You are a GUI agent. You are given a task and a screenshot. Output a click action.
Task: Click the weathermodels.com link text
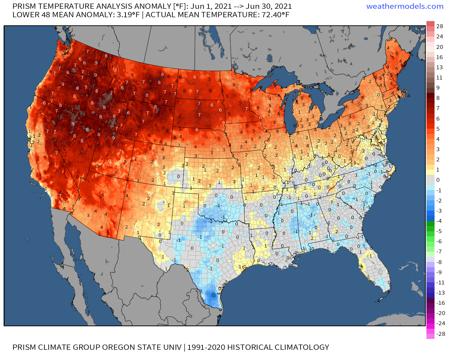(x=405, y=6)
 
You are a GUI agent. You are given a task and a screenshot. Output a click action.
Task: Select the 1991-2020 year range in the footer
(x=206, y=347)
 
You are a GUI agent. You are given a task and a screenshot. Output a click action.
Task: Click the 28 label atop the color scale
(x=439, y=26)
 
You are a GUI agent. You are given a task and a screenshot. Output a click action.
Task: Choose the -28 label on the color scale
(x=441, y=334)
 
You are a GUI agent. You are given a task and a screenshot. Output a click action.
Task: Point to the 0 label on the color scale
(x=438, y=180)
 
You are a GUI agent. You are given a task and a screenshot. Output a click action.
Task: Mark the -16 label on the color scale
(x=441, y=303)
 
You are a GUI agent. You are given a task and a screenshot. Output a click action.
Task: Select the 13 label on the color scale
(x=439, y=67)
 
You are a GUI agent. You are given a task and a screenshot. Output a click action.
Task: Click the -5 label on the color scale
(x=439, y=231)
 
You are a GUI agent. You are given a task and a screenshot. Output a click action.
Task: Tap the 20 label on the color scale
(x=439, y=47)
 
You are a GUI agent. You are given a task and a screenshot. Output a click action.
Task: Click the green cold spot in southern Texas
(x=213, y=295)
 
